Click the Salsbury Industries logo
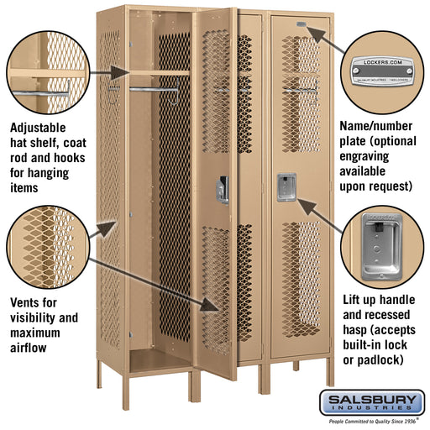coord(382,401)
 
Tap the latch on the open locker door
coord(223,189)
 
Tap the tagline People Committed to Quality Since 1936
coord(382,422)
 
